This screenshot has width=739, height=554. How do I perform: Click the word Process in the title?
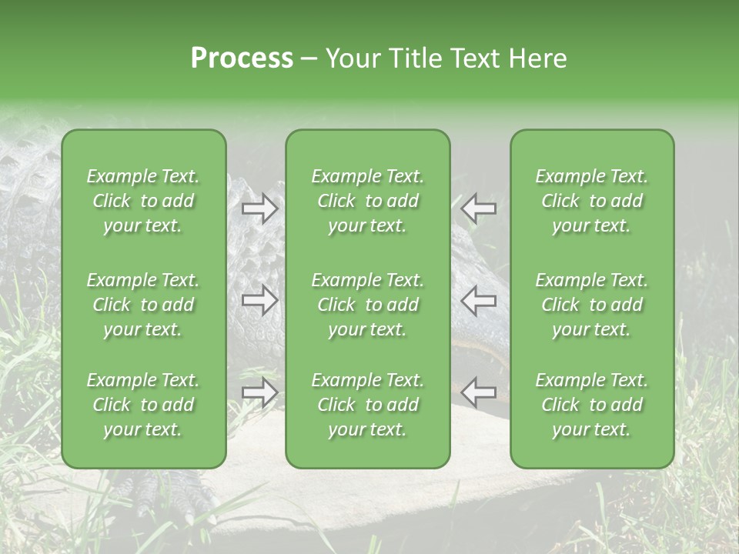pyautogui.click(x=242, y=58)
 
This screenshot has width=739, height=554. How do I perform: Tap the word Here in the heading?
pyautogui.click(x=537, y=58)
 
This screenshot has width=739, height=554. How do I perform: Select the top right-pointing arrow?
pyautogui.click(x=259, y=209)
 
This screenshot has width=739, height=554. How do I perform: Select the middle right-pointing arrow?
pyautogui.click(x=259, y=299)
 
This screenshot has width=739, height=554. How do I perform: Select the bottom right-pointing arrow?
pyautogui.click(x=259, y=392)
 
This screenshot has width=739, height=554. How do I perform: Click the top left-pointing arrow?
pyautogui.click(x=479, y=207)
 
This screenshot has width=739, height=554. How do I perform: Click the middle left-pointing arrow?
pyautogui.click(x=479, y=299)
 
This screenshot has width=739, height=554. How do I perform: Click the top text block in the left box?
pyautogui.click(x=143, y=201)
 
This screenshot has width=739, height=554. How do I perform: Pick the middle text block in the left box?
pyautogui.click(x=143, y=305)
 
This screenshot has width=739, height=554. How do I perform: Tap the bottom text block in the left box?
pyautogui.click(x=143, y=405)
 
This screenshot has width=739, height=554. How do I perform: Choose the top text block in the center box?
pyautogui.click(x=368, y=201)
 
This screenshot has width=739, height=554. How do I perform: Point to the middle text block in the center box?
pyautogui.click(x=368, y=305)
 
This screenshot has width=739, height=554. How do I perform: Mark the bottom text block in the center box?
pyautogui.click(x=368, y=405)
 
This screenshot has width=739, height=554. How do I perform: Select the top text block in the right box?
pyautogui.click(x=592, y=201)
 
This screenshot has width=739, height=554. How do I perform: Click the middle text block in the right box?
pyautogui.click(x=592, y=305)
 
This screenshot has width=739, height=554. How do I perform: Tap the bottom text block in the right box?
pyautogui.click(x=592, y=405)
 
